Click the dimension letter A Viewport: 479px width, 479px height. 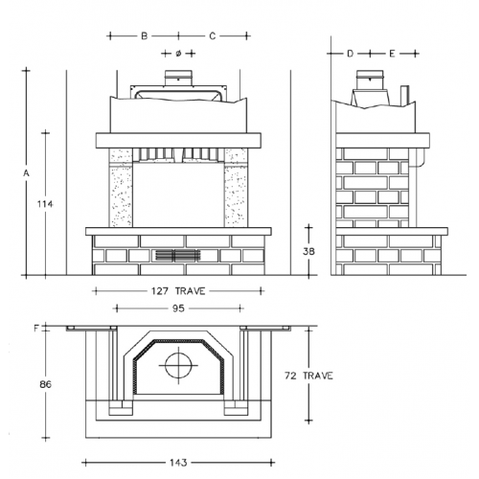coord(28,172)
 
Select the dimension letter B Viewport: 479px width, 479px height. coord(144,35)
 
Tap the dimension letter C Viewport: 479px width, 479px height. coord(212,35)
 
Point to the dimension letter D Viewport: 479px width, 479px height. coord(351,53)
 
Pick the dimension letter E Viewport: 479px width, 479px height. coord(392,53)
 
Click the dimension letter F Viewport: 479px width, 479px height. coord(35,329)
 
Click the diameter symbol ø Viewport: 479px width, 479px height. coord(178,52)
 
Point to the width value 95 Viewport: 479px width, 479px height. coord(177,308)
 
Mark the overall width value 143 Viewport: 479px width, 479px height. coord(176,462)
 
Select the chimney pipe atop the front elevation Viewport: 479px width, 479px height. coord(177,79)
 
